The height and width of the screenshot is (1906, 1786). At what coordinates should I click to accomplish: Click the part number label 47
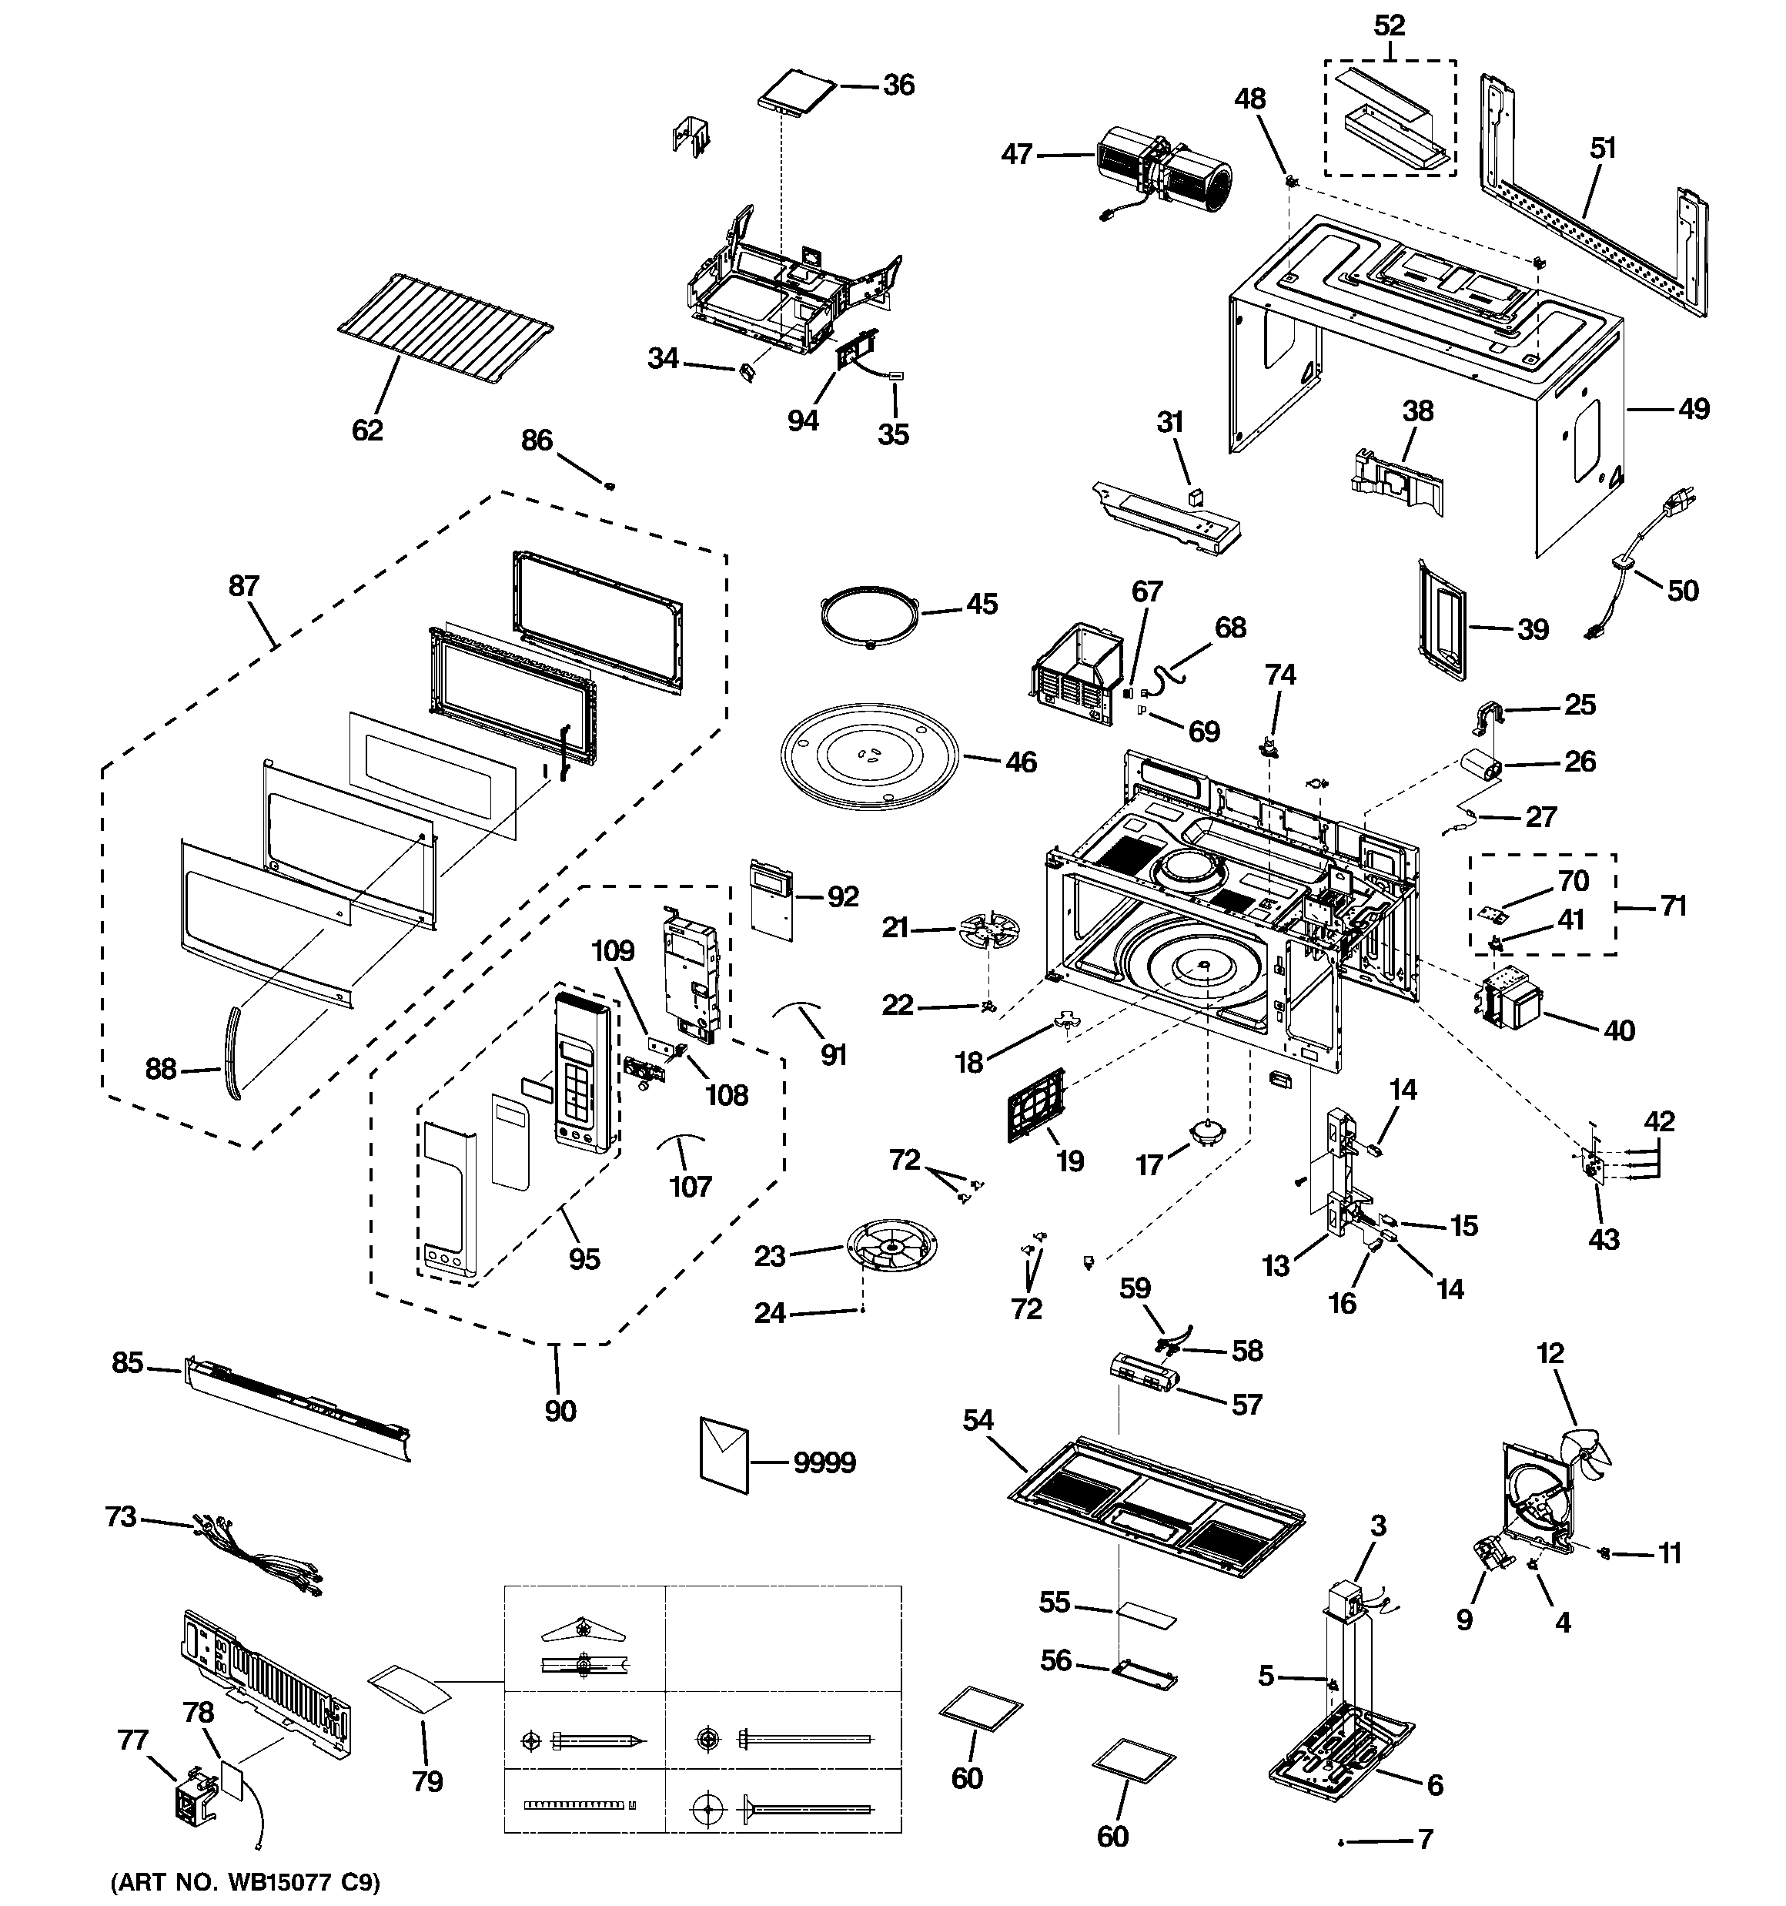(1016, 153)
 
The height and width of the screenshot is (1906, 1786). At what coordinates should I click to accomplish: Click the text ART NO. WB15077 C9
(246, 1882)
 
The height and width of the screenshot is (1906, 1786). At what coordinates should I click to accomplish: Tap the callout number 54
(978, 1420)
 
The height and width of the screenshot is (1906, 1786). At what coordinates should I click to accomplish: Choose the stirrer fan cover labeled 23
(891, 1245)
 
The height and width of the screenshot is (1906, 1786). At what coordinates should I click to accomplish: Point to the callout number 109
(613, 950)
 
